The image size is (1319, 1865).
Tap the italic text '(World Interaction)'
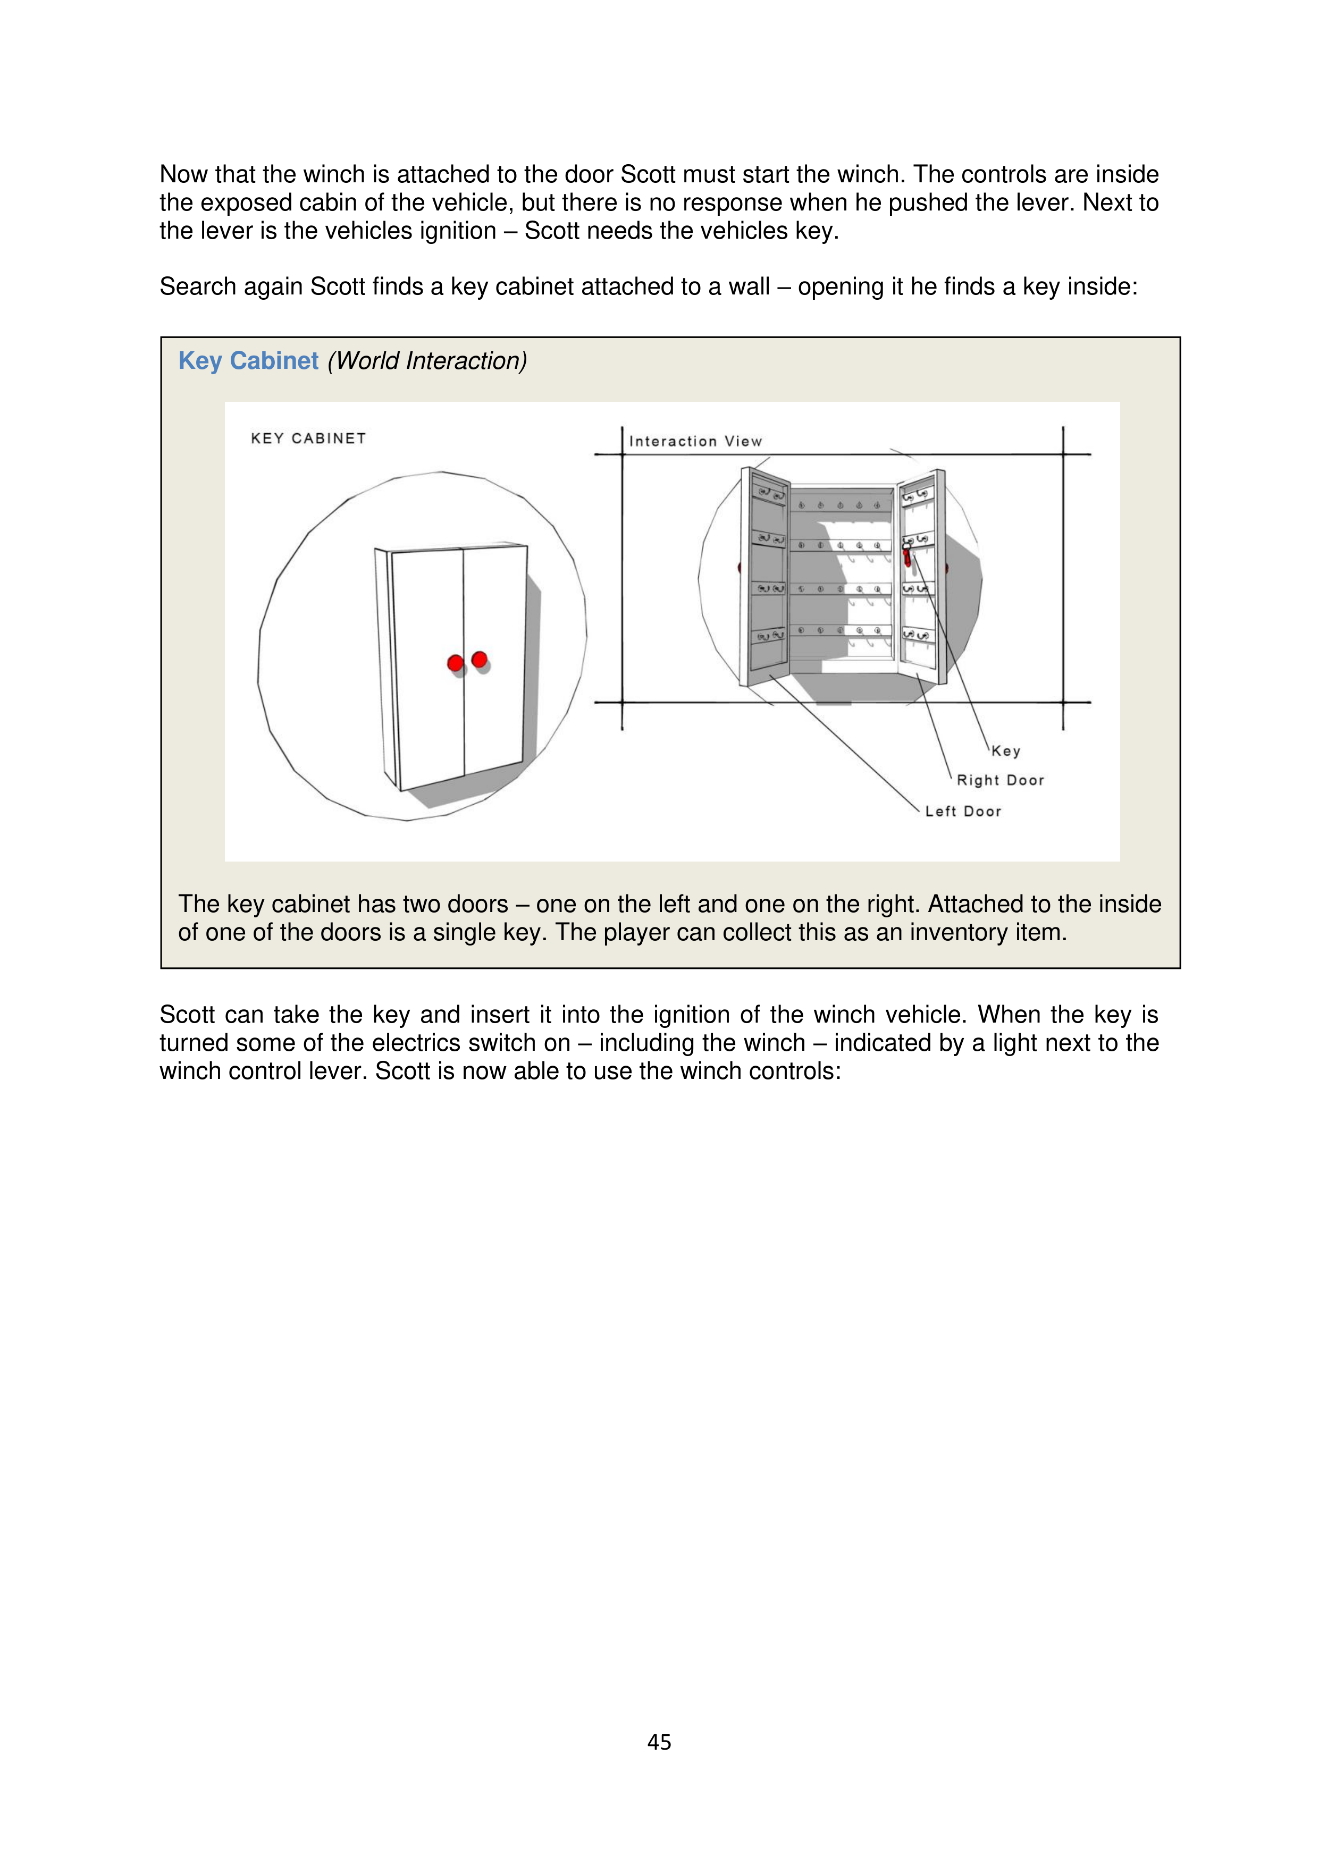pyautogui.click(x=427, y=361)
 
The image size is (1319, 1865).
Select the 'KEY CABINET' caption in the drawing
pyautogui.click(x=308, y=438)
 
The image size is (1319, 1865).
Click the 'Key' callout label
pyautogui.click(x=1005, y=752)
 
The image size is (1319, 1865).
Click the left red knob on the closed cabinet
pyautogui.click(x=455, y=664)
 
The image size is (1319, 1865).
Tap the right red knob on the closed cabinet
pyautogui.click(x=480, y=659)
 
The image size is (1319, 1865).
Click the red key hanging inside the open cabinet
pyautogui.click(x=907, y=557)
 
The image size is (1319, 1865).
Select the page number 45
pyautogui.click(x=659, y=1742)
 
